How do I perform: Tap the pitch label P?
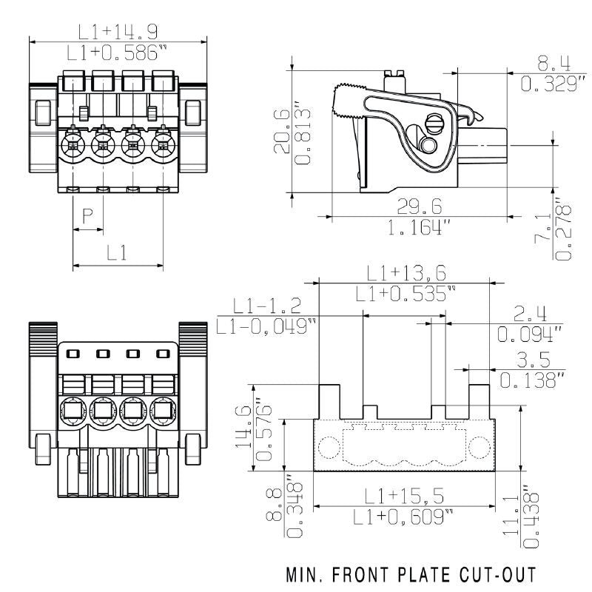click(x=87, y=215)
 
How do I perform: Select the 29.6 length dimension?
click(x=417, y=206)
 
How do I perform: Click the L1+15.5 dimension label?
click(x=404, y=496)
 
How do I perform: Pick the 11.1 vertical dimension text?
click(x=511, y=518)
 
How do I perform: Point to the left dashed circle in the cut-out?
click(x=330, y=448)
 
